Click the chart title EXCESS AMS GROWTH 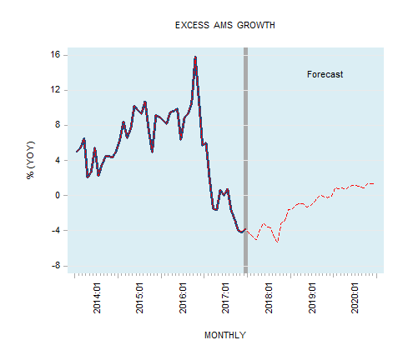pos(224,25)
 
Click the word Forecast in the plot pos(325,74)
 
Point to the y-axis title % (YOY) pos(32,161)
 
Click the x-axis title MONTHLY pos(224,335)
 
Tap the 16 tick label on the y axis pos(53,55)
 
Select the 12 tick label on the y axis pos(53,90)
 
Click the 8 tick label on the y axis pos(56,125)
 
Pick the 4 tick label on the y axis pos(56,160)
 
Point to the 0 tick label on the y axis pos(56,195)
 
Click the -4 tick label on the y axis pos(54,230)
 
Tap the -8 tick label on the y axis pos(54,265)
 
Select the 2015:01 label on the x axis pos(139,297)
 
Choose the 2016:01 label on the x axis pos(183,297)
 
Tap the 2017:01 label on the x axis pos(226,297)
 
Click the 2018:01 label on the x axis pos(269,297)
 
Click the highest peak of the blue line pos(195,57)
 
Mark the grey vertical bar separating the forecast pos(245,158)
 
